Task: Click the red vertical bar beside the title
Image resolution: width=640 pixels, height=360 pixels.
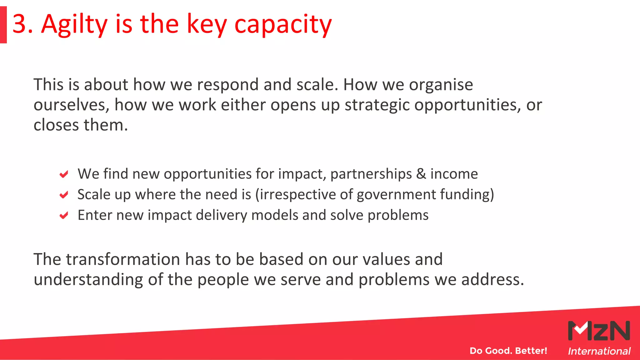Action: click(3, 25)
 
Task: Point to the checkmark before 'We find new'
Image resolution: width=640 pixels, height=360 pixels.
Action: click(64, 174)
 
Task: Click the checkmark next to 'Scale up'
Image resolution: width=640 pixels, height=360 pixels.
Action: click(64, 195)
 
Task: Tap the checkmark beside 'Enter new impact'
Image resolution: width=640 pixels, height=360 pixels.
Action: click(64, 215)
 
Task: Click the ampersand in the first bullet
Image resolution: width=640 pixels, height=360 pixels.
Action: click(421, 174)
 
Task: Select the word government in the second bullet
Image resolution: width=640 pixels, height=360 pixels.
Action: click(396, 195)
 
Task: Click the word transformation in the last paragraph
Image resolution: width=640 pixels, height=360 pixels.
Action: click(123, 259)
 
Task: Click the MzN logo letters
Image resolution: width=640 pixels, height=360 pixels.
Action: click(599, 331)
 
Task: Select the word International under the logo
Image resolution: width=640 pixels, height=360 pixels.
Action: click(599, 351)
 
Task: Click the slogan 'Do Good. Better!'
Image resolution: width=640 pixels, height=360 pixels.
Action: click(508, 351)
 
